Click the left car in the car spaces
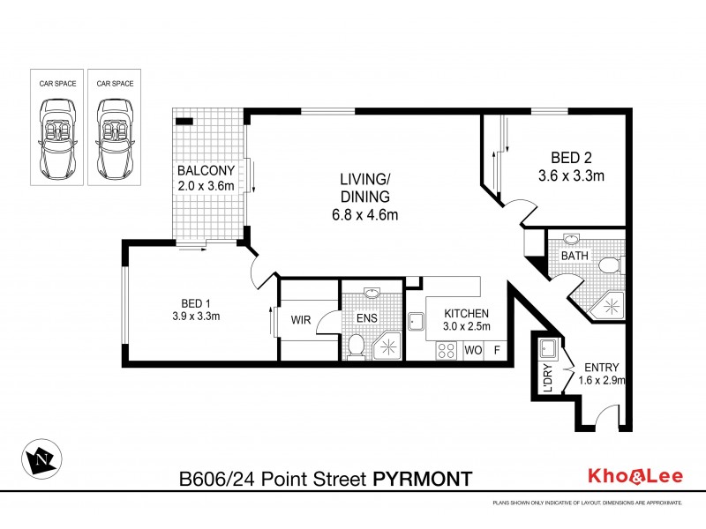(x=58, y=138)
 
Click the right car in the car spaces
(x=115, y=138)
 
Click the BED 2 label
(x=571, y=159)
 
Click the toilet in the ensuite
(x=355, y=345)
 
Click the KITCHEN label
(x=466, y=313)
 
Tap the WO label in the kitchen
(x=472, y=350)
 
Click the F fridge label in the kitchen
(x=497, y=350)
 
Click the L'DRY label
(x=547, y=378)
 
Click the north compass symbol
(x=42, y=458)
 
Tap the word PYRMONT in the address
(x=423, y=478)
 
